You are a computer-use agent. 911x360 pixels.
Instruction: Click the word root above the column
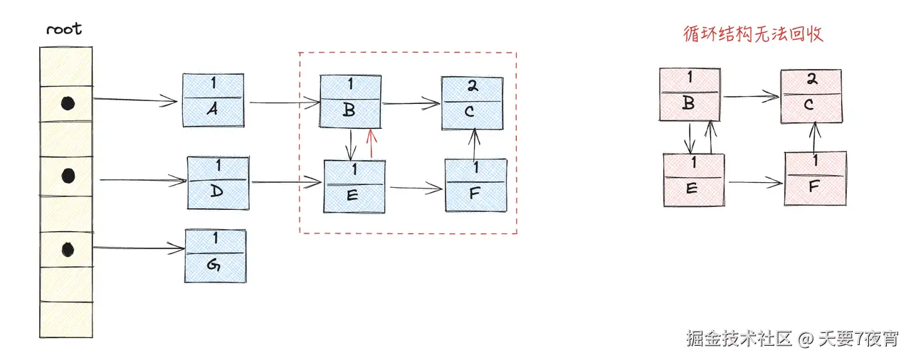[64, 29]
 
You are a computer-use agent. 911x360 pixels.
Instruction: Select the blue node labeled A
[213, 100]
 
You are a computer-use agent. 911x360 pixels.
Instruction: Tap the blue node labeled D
[218, 183]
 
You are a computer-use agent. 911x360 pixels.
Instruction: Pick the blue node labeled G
[216, 255]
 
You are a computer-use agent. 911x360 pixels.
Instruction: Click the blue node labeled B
[349, 102]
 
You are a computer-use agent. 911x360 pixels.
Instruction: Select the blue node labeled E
[354, 186]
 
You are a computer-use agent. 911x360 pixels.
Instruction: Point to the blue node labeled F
[475, 185]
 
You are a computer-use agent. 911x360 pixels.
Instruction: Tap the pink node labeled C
[811, 96]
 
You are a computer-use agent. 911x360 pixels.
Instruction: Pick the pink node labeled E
[693, 180]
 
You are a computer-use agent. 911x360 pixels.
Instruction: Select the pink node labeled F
[815, 178]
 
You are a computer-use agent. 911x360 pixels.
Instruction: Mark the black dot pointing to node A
[67, 104]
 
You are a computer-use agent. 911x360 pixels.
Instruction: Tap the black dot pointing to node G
[68, 249]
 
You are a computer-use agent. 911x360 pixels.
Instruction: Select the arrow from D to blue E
[286, 183]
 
